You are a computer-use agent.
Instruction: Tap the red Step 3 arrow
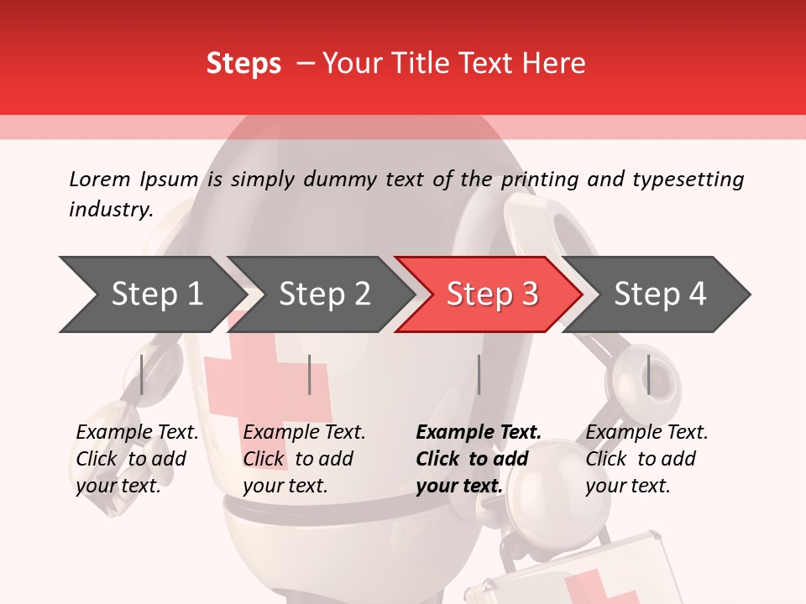pyautogui.click(x=491, y=294)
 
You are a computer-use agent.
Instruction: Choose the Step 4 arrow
pyautogui.click(x=659, y=294)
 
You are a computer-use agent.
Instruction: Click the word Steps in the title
pyautogui.click(x=243, y=64)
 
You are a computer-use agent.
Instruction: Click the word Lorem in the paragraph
pyautogui.click(x=99, y=179)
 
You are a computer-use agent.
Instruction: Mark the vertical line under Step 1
pyautogui.click(x=142, y=374)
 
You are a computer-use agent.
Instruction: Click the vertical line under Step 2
pyautogui.click(x=310, y=374)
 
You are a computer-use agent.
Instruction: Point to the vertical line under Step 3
pyautogui.click(x=479, y=374)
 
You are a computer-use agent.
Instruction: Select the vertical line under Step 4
pyautogui.click(x=648, y=374)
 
